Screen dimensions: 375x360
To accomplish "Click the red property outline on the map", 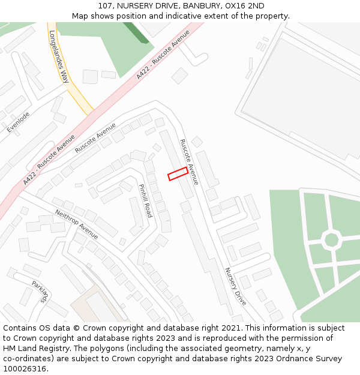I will coord(178,174).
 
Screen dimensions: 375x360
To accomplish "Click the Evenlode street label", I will coord(18,122).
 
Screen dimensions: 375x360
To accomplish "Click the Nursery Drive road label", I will coord(235,286).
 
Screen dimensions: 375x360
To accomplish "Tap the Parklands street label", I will coord(40,292).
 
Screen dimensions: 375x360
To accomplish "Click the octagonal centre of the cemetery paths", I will coord(331,240).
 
